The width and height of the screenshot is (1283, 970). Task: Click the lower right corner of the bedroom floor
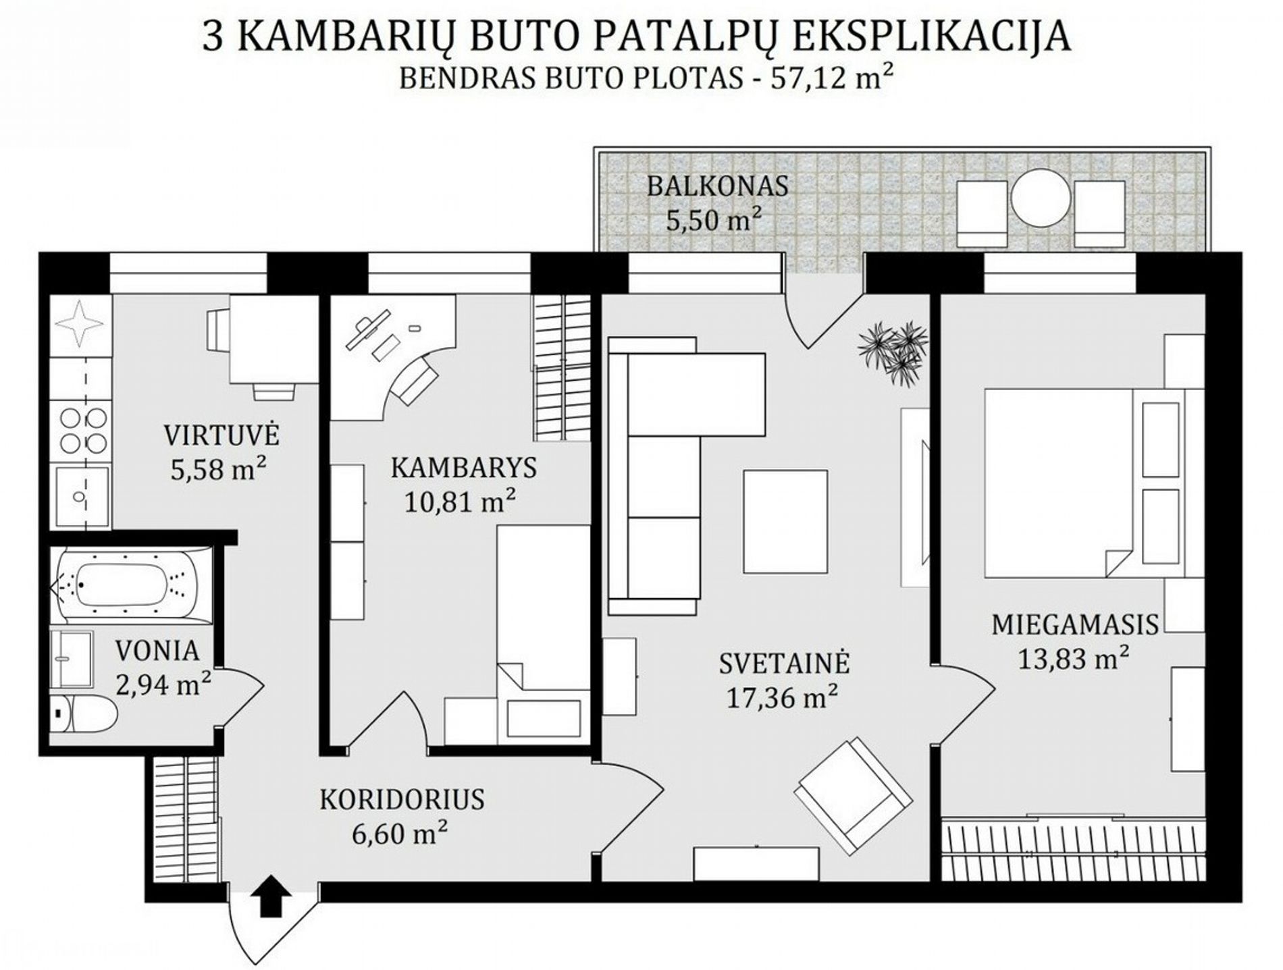coord(1206,881)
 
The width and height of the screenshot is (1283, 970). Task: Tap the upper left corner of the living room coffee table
coord(744,470)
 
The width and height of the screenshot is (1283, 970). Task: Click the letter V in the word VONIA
coord(124,651)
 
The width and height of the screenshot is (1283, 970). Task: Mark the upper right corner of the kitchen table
coord(319,296)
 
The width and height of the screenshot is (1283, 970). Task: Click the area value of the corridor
coord(400,832)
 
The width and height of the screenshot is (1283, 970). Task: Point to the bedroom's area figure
coord(1074,657)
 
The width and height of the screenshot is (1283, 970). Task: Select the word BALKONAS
coord(718,186)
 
